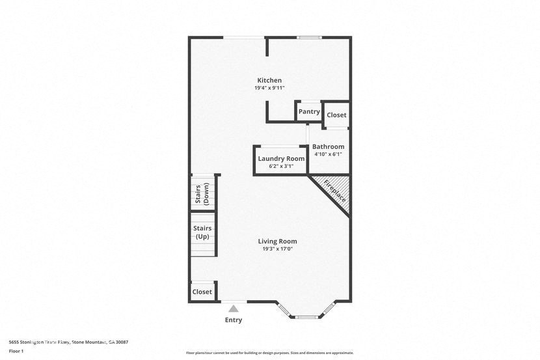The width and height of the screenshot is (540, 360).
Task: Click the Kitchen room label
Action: tap(269, 80)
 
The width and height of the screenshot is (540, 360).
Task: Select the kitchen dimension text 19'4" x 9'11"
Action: tap(269, 88)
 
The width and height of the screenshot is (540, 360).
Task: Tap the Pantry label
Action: tap(309, 112)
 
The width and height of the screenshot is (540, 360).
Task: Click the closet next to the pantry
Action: tap(336, 115)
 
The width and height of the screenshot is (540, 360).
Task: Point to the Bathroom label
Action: tap(328, 146)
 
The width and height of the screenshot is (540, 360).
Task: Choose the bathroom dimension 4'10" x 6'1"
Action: tap(328, 154)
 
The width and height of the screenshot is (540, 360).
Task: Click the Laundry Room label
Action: tap(281, 158)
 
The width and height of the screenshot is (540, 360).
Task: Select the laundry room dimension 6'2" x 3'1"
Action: tap(281, 166)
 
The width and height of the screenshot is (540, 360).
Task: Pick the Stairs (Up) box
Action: tap(203, 232)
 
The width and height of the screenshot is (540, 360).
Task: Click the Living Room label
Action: tap(278, 241)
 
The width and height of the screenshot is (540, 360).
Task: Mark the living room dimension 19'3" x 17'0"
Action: tap(278, 249)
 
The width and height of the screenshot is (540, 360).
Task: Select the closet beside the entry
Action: tap(202, 292)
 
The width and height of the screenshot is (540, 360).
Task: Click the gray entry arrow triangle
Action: tap(234, 309)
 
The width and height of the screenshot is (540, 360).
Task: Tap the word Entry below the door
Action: tap(234, 320)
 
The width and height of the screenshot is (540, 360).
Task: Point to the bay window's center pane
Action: tap(306, 316)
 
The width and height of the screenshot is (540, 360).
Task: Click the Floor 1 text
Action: tap(16, 351)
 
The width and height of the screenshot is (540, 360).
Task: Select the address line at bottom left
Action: tap(68, 342)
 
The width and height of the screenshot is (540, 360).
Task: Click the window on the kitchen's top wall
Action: tap(310, 37)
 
